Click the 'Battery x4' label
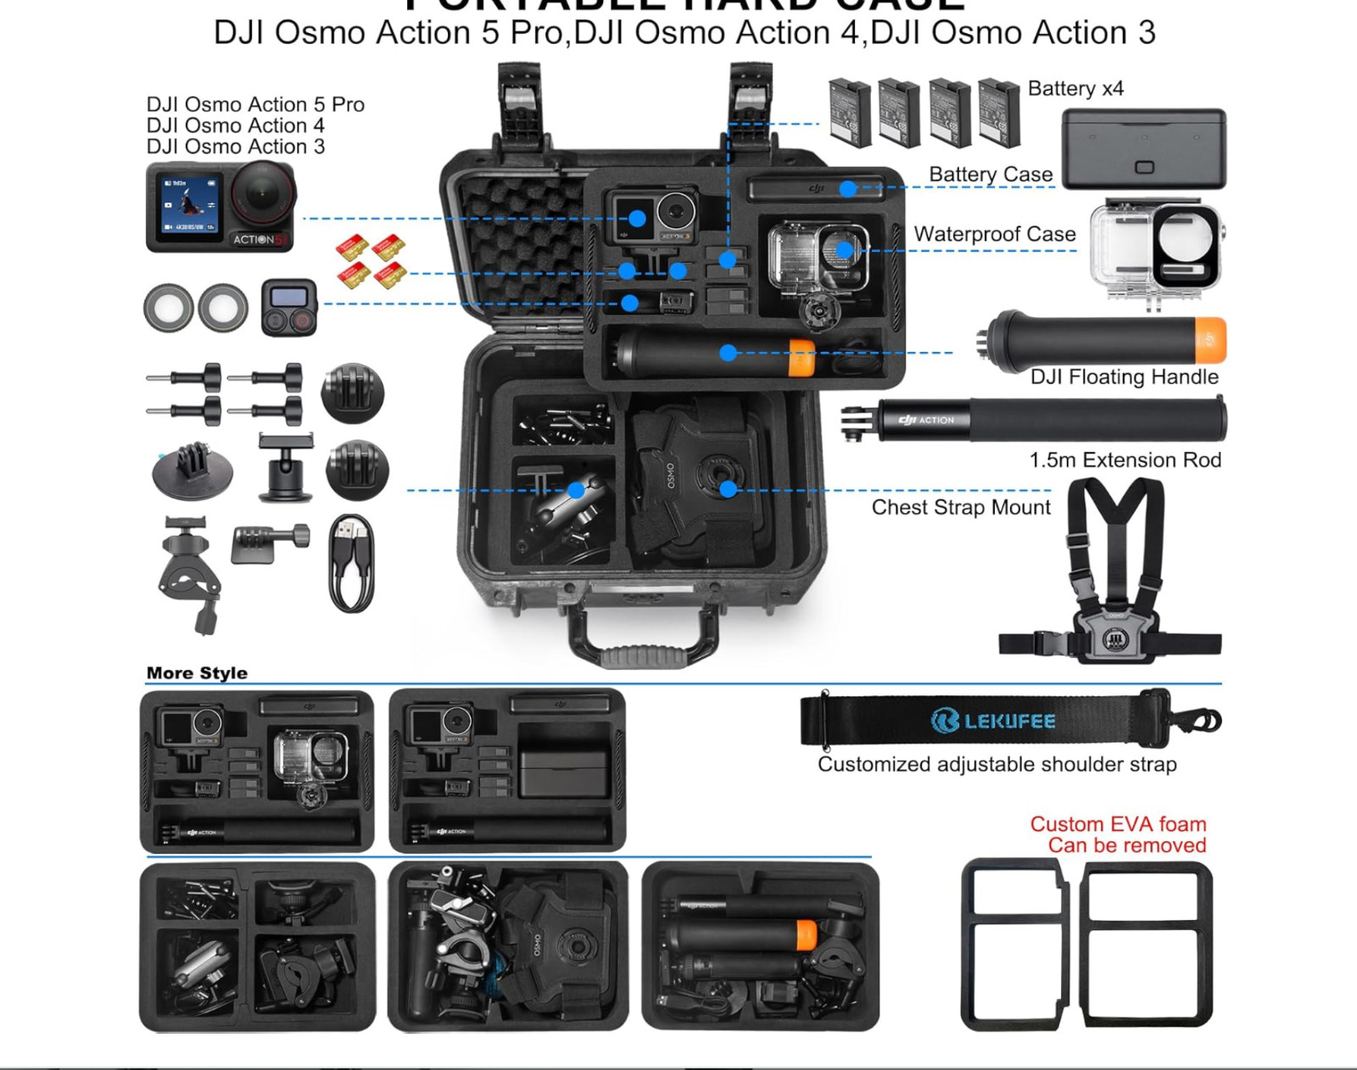click(x=1075, y=89)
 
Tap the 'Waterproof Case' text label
click(x=994, y=234)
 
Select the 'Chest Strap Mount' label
click(x=960, y=507)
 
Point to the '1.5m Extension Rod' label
click(x=1125, y=460)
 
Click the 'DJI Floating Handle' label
click(x=1124, y=376)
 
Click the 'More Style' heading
click(x=197, y=673)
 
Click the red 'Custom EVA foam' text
click(x=1118, y=824)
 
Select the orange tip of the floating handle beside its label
click(x=1210, y=339)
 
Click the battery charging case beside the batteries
click(x=1143, y=149)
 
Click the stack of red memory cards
click(x=371, y=261)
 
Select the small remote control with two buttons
click(x=288, y=307)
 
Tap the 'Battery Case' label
click(x=991, y=175)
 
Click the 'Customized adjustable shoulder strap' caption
click(x=997, y=765)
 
